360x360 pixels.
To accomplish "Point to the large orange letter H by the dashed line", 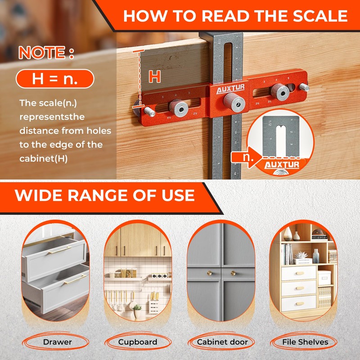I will (155, 76).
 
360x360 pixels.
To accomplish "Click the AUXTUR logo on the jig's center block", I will (228, 90).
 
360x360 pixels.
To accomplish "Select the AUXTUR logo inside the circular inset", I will (281, 165).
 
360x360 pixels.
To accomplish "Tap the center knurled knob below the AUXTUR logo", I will (235, 103).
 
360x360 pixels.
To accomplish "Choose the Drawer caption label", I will (57, 342).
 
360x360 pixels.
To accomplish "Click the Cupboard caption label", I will (138, 342).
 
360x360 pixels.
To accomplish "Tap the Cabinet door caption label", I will (222, 342).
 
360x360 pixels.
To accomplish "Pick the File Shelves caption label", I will (305, 342).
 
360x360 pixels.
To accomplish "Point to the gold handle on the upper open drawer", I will (60, 249).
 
